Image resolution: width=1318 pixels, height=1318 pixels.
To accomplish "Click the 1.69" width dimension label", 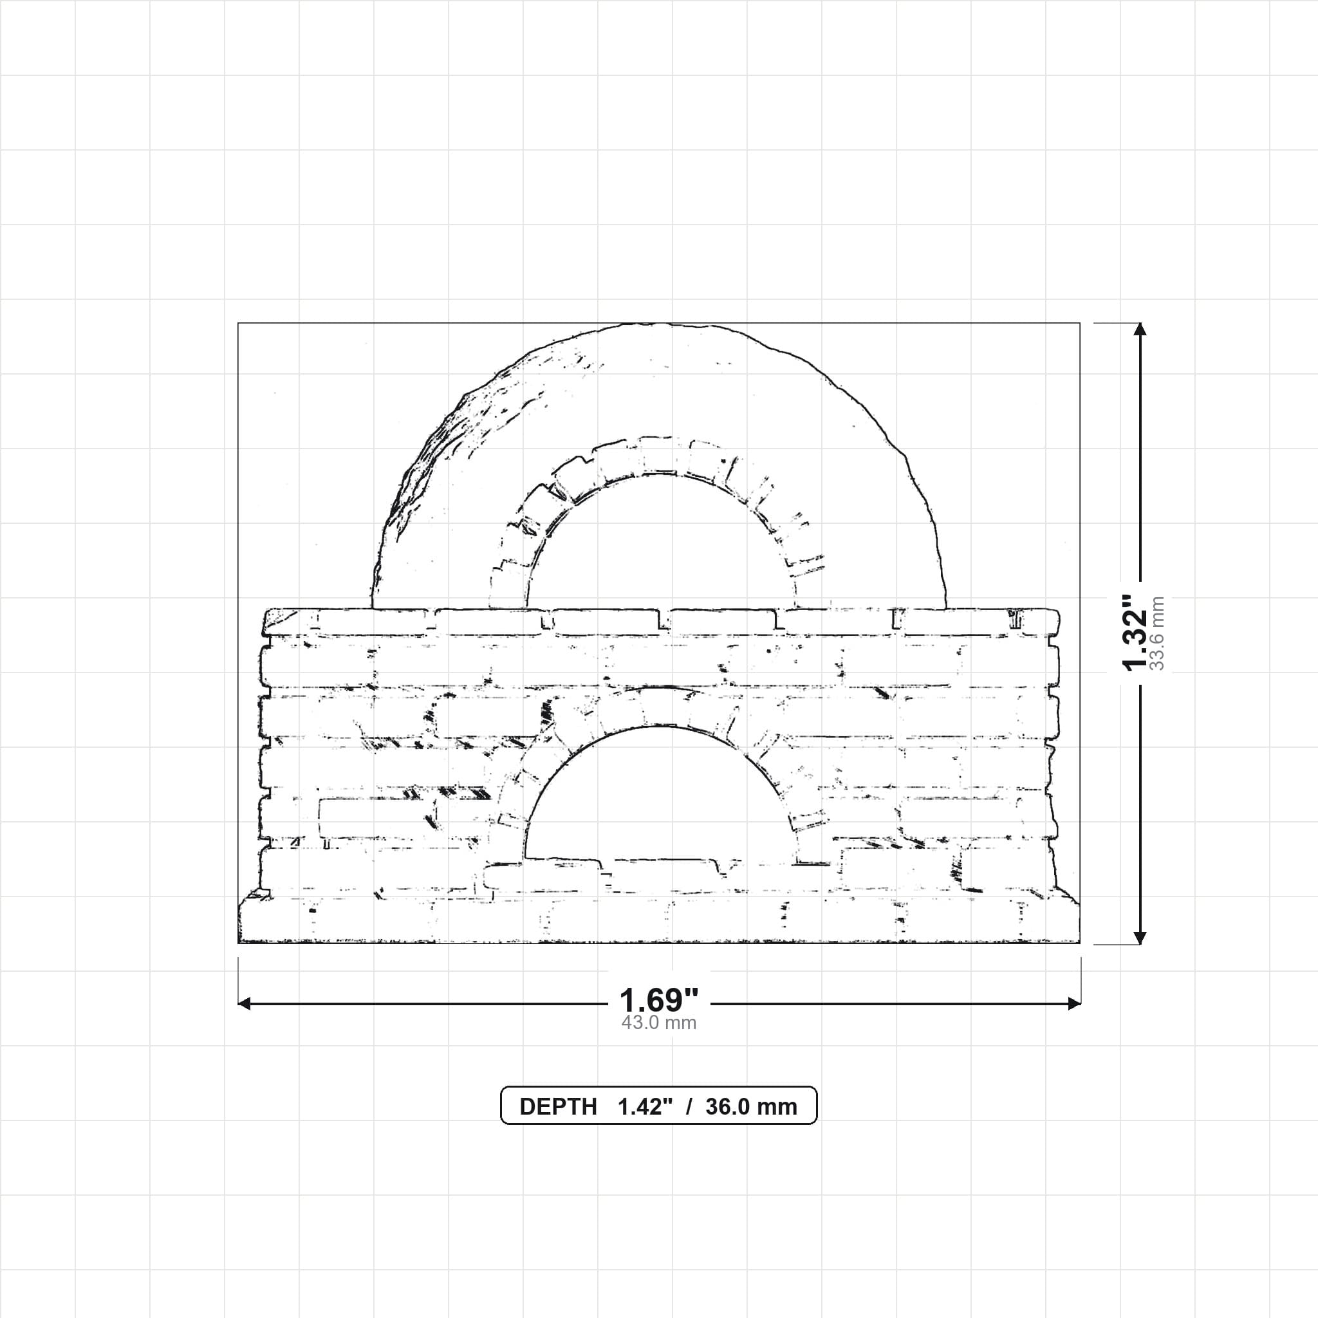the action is pos(659,1000).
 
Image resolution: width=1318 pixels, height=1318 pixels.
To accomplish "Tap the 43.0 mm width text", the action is pos(659,1023).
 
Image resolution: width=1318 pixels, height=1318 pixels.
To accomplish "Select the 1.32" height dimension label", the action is pos(1136,633).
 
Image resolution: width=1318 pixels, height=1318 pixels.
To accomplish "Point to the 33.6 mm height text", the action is pos(1157,633).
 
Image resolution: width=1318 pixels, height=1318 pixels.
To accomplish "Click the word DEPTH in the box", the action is pos(558,1106).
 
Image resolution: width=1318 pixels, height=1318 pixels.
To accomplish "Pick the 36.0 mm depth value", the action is pos(751,1106).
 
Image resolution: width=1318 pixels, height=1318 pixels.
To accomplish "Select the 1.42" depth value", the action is pos(645,1106).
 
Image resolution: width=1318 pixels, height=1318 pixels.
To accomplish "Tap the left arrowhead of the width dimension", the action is pos(244,1003).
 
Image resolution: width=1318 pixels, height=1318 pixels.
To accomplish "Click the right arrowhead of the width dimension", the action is pos(1075,1003).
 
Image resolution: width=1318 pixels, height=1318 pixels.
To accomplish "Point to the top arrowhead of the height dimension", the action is pos(1139,329).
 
